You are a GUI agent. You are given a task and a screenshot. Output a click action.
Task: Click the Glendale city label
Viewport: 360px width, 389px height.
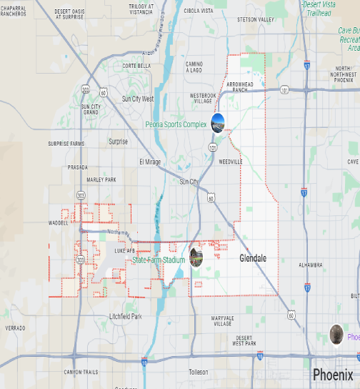[253, 258]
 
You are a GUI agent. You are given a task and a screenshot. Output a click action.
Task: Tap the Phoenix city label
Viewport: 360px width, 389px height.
[332, 375]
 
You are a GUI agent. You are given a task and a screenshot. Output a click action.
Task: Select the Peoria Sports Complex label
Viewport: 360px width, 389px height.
[176, 124]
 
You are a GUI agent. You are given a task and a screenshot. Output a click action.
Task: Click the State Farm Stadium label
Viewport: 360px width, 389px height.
[159, 260]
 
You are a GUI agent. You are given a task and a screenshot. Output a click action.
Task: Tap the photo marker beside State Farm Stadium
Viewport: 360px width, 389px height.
[196, 255]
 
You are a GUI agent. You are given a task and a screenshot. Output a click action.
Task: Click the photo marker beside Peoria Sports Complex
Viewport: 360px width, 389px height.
[218, 122]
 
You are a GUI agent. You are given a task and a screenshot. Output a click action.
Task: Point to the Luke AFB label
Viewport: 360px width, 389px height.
[124, 251]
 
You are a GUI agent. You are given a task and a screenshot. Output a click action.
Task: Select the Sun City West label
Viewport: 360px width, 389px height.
[138, 99]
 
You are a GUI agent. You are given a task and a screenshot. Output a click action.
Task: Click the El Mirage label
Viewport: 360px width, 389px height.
[150, 162]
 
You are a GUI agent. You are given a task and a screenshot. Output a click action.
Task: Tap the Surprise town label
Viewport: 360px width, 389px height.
[118, 142]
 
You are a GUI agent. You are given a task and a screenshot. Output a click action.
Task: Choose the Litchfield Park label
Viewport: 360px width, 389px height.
[125, 316]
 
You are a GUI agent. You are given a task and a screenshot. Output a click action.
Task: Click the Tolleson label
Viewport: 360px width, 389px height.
[198, 372]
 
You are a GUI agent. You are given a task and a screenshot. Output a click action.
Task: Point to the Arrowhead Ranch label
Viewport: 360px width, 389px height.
[236, 87]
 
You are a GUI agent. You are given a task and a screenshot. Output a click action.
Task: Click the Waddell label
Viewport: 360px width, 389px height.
[59, 222]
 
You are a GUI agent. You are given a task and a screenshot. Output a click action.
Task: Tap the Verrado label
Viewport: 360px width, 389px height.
[15, 328]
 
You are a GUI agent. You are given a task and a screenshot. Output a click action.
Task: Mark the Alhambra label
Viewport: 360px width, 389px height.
[311, 264]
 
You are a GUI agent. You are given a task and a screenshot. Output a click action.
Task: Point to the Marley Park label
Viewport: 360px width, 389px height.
[101, 179]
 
